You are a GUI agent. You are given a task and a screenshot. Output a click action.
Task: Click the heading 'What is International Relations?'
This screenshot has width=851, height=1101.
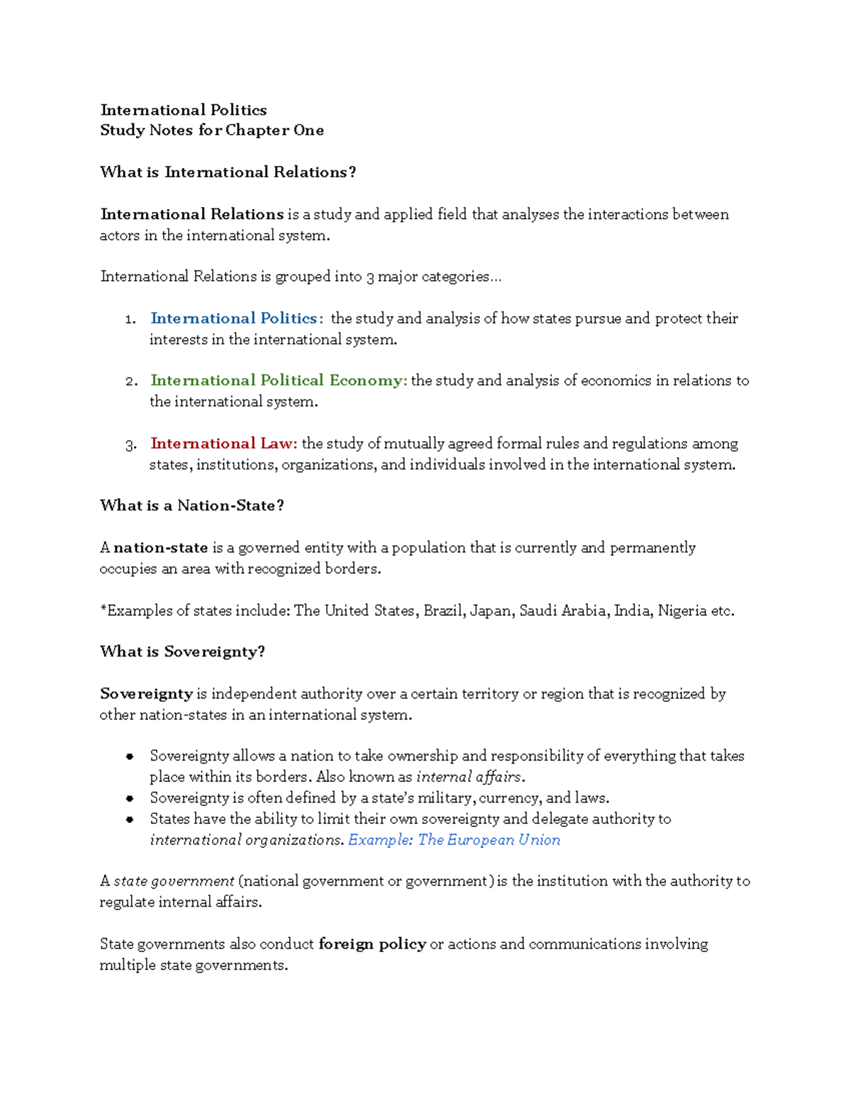click(228, 172)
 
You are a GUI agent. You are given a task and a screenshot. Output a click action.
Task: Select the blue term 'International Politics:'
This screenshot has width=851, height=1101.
click(237, 318)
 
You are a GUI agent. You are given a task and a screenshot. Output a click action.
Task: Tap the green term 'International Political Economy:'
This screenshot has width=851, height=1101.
click(279, 381)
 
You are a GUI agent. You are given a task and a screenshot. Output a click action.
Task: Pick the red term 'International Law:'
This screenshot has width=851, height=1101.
click(223, 444)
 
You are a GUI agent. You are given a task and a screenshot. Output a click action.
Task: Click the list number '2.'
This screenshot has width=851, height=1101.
click(130, 381)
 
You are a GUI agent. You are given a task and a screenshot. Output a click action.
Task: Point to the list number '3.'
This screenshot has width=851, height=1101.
click(130, 445)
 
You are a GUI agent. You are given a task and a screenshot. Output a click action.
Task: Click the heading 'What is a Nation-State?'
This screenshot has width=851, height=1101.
click(191, 505)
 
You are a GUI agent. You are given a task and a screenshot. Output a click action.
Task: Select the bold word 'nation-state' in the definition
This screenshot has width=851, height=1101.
click(161, 548)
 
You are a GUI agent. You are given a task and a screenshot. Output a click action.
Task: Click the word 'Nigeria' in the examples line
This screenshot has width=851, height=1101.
click(682, 611)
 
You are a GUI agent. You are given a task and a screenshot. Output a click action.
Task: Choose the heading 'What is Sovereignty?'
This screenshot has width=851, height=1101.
click(182, 652)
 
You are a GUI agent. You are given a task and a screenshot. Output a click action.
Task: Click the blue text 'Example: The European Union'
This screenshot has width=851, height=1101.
click(454, 840)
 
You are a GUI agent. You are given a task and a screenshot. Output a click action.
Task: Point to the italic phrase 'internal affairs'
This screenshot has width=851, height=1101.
click(469, 777)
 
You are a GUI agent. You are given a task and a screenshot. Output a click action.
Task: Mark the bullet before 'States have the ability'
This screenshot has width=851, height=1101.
click(130, 820)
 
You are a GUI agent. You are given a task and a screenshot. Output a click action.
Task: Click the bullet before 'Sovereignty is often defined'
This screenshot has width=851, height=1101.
click(130, 798)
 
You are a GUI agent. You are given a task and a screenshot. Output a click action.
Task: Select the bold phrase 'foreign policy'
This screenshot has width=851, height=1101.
click(372, 944)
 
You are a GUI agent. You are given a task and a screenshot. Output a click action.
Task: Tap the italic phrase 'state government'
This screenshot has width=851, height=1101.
click(174, 881)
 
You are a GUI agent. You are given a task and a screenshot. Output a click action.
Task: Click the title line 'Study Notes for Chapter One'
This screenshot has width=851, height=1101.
click(212, 130)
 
